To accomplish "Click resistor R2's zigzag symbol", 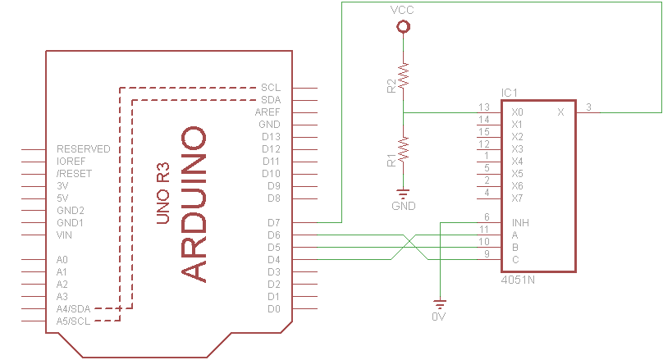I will pos(403,76).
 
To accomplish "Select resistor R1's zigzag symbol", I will pos(403,150).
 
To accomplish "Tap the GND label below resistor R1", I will pos(403,205).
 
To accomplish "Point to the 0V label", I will pos(439,316).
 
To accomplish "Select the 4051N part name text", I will pos(517,280).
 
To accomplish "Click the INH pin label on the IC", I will pos(519,222).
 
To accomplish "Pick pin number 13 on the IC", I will pos(484,107).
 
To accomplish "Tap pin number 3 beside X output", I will pos(588,107).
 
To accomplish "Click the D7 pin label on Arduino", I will pos(274,222).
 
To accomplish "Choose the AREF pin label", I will pos(268,112).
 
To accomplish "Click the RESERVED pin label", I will pos(83,149).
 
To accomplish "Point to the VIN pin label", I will pos(65,235).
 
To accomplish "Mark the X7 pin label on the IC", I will pos(517,198).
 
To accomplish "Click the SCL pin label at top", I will pos(271,87).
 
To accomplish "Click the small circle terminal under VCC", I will pos(403,27).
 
